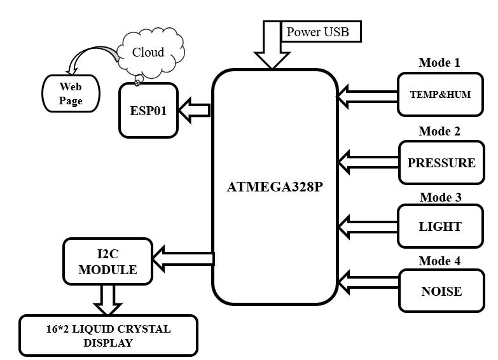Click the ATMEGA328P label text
(275, 188)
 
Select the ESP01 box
(148, 110)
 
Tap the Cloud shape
(148, 53)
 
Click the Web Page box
(71, 93)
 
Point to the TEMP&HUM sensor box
(440, 94)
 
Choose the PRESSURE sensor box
(441, 163)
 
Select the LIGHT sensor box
(440, 226)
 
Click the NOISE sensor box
(441, 291)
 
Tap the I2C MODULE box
(107, 261)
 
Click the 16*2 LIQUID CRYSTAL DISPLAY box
(108, 335)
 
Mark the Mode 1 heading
(439, 63)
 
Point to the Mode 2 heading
(439, 132)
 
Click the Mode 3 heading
(440, 197)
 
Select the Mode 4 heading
(439, 261)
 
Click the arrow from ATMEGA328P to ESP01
(194, 111)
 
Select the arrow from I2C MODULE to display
(107, 300)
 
